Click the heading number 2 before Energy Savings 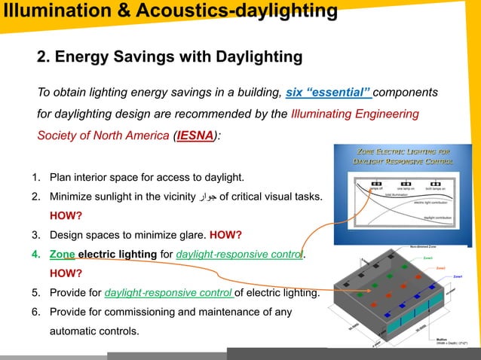(43, 57)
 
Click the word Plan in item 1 (60, 178)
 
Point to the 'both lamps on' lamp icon (435, 182)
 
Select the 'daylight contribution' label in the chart (437, 217)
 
